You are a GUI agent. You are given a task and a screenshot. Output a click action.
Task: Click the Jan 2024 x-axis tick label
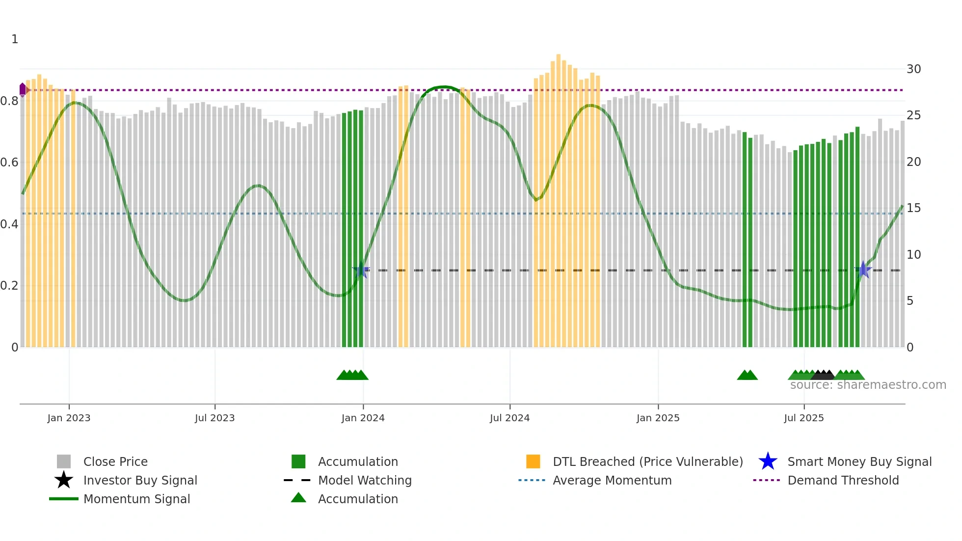363,418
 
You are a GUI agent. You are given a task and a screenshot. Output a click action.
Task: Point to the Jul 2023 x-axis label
214,418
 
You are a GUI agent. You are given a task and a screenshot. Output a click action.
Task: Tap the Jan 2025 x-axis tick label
658,418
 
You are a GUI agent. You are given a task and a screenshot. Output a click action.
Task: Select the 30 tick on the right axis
913,69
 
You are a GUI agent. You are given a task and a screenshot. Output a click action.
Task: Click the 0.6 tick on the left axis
9,162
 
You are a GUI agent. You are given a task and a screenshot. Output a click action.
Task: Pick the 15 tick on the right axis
913,208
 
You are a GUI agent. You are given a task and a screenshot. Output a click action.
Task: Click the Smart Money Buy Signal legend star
768,461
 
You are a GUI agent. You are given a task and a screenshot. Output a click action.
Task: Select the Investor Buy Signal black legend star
64,480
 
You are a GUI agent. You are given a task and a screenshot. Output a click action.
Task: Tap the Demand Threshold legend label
843,480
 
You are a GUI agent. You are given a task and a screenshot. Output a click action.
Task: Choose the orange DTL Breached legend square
533,461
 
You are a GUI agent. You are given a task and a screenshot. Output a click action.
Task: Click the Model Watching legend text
365,480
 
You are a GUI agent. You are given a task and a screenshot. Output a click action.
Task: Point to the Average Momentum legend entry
612,480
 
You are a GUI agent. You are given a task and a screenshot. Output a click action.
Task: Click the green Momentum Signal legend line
64,499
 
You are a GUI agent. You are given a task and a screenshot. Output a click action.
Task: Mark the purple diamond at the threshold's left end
23,90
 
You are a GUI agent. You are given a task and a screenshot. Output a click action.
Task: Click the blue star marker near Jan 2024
361,270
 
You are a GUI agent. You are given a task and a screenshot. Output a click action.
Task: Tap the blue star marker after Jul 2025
863,270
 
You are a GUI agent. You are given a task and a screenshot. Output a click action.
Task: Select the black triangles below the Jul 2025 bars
823,375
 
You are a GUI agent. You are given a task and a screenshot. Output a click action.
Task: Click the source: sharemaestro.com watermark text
868,385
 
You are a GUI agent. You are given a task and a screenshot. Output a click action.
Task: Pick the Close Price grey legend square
64,461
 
